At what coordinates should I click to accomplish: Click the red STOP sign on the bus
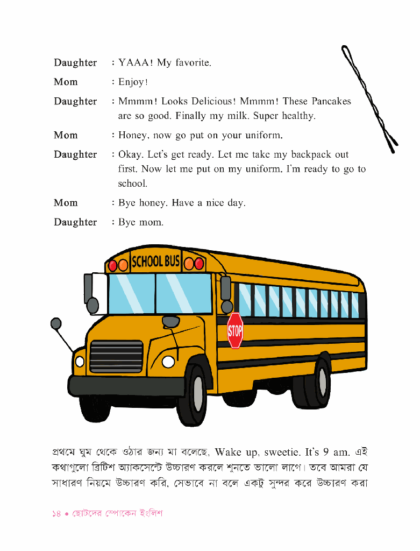[x=235, y=330]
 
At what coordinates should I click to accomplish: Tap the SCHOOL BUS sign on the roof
[x=155, y=262]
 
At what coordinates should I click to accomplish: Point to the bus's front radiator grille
[x=116, y=357]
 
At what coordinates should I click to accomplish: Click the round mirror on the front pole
[x=56, y=323]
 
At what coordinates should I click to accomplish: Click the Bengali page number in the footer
[x=57, y=514]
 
